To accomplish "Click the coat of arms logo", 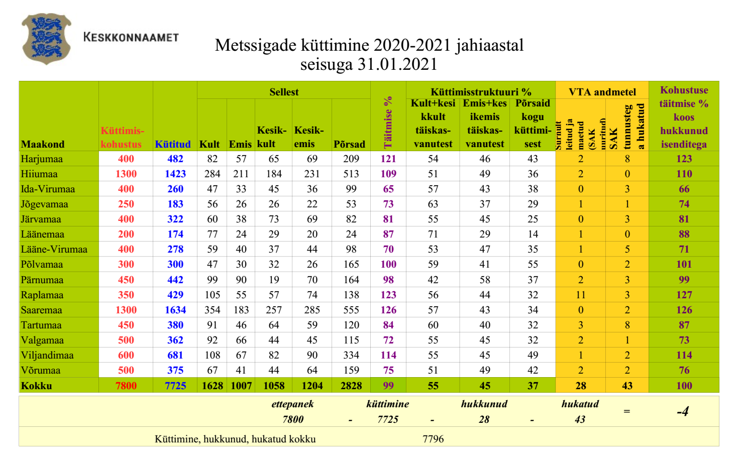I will (x=46, y=39).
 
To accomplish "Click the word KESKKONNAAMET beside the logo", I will (x=131, y=37).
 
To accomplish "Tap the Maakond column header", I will (x=43, y=144).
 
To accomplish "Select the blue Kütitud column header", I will (x=173, y=144).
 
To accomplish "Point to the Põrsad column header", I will (x=349, y=144).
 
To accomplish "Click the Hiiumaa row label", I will (x=39, y=174).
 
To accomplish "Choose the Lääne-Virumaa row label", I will (x=54, y=249).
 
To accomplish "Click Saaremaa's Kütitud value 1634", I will (x=175, y=310).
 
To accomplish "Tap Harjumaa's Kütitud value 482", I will (x=175, y=159).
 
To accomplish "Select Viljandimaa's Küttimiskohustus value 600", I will (x=126, y=355).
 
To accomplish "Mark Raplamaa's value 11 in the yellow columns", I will (x=581, y=295).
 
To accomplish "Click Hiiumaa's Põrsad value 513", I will (x=351, y=174).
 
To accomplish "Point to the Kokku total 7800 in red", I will (x=126, y=386).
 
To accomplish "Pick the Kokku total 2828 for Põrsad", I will (x=351, y=386).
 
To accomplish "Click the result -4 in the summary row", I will (x=683, y=412).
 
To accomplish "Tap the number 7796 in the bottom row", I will (x=433, y=439).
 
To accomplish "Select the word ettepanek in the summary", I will (x=292, y=404).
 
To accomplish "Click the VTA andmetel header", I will (x=602, y=92).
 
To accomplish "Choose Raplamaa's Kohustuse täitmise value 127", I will (x=684, y=295).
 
